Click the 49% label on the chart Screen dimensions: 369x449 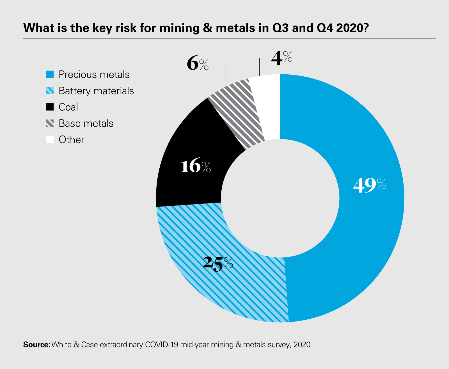[x=369, y=185]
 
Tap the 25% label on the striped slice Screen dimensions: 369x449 [x=218, y=264]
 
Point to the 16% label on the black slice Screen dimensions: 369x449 [x=196, y=166]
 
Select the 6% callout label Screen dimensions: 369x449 [x=198, y=64]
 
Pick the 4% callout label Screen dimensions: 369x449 [x=281, y=58]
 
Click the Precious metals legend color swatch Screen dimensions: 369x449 [x=50, y=74]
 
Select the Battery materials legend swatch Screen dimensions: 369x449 [x=50, y=91]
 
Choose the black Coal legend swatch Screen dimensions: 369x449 [x=50, y=107]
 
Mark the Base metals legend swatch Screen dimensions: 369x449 [x=50, y=123]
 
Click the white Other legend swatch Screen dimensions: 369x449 [x=50, y=139]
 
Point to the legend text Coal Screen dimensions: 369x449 [x=68, y=107]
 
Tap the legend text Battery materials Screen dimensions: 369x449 [x=96, y=91]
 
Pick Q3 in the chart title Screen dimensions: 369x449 [x=280, y=28]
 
